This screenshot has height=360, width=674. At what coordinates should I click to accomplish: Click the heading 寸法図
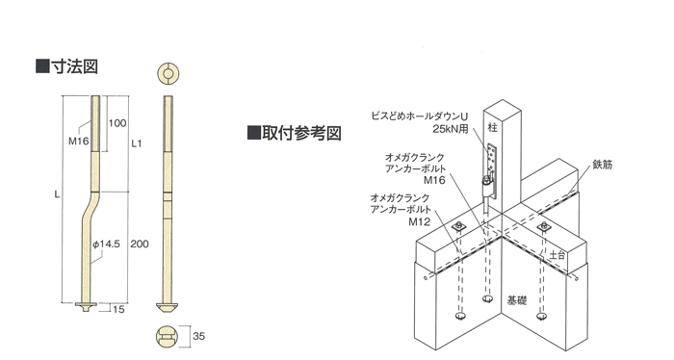click(75, 67)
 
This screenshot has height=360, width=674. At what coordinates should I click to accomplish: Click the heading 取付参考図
click(301, 133)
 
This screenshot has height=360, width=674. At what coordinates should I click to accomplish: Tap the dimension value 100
click(117, 123)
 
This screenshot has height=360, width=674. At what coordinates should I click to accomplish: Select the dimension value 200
click(140, 244)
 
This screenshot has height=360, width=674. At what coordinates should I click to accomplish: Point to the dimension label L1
click(137, 143)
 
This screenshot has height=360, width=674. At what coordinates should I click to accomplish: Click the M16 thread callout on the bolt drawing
click(78, 141)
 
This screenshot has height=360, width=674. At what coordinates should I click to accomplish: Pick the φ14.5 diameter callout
click(106, 244)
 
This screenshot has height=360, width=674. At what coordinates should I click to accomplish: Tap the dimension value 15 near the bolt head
click(118, 309)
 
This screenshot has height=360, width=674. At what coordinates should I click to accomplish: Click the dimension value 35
click(198, 336)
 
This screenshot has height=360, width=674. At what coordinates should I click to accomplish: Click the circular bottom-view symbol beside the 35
click(167, 336)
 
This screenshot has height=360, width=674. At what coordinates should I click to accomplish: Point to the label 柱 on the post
click(493, 128)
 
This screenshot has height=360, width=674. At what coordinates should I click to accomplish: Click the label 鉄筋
click(602, 165)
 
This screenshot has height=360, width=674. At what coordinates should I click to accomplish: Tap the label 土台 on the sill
click(557, 255)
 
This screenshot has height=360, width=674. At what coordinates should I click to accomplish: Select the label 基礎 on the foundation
click(517, 300)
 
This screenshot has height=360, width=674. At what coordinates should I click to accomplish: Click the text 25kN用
click(450, 129)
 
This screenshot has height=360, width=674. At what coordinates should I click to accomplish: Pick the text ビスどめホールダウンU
click(419, 116)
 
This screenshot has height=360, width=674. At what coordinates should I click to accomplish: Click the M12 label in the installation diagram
click(419, 221)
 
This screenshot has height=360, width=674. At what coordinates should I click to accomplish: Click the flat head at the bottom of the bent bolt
click(86, 306)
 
